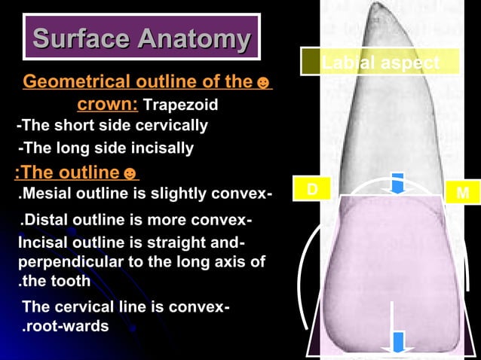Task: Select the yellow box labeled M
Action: pos(462,193)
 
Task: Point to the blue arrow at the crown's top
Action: pos(398,184)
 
